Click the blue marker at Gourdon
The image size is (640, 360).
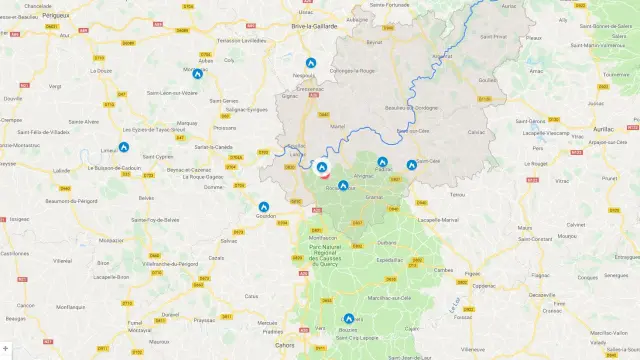(264, 207)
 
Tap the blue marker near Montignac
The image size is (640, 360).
(198, 73)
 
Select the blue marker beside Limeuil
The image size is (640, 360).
(124, 147)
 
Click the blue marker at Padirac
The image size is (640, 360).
(382, 161)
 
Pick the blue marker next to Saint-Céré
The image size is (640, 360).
(411, 165)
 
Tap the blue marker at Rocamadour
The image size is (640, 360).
(343, 185)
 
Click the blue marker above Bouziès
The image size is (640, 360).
(349, 319)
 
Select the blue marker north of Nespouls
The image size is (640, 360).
(311, 62)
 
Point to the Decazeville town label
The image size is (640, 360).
(543, 295)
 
